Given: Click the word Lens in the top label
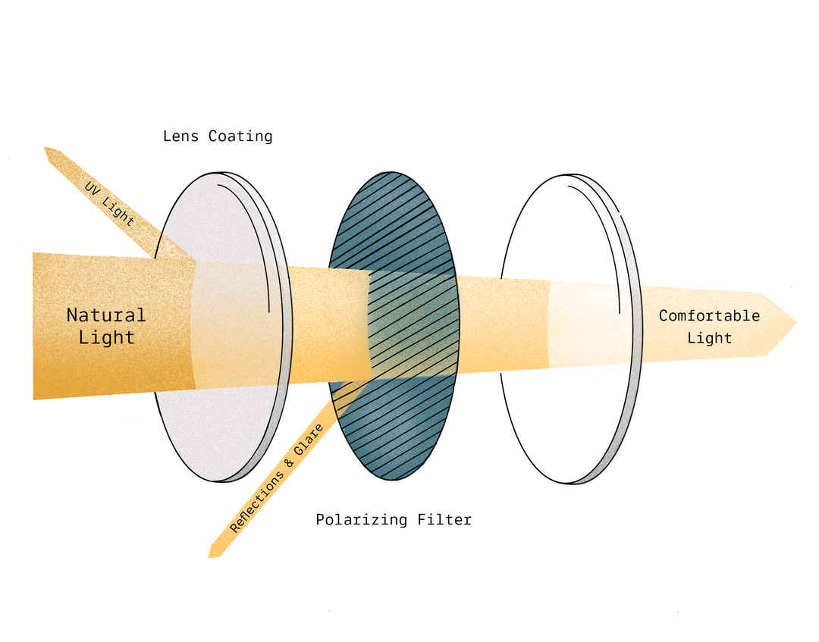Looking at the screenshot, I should coord(181,136).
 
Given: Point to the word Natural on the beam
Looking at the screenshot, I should coord(106,315).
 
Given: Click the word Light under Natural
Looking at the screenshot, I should coord(106,338).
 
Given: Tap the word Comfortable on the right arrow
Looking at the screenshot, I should coord(709,315).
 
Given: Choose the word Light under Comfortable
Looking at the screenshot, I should coord(710,338).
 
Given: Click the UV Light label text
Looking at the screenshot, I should coord(109,202).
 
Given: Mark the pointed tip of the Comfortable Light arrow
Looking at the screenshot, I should coord(795,323).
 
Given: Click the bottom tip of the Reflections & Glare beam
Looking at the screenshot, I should coord(212,556).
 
